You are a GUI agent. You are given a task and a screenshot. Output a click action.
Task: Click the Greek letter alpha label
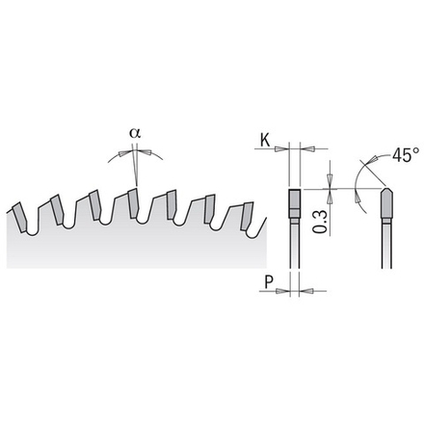pos(135,133)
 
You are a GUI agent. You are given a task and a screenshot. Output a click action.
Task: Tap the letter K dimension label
pos(265,141)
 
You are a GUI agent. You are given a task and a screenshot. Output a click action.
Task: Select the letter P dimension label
pos(269,281)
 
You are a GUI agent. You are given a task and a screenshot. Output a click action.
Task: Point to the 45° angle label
pos(406,155)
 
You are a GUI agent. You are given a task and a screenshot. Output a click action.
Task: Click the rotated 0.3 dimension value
pos(320,222)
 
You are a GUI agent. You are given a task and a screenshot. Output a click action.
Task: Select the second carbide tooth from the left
pos(58,209)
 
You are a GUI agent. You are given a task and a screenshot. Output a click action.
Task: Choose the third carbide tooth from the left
pos(95,205)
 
